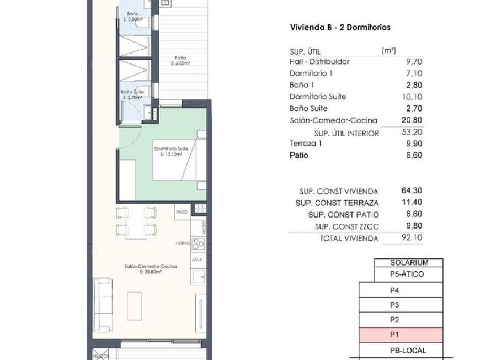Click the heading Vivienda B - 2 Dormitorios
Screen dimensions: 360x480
coord(340,28)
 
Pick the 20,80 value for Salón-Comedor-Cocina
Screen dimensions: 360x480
coord(413,120)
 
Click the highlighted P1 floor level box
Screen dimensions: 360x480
coord(401,335)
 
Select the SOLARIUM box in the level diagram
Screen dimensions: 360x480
coord(409,263)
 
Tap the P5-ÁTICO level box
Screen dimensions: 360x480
coord(408,274)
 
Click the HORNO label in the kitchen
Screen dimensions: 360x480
coord(182,242)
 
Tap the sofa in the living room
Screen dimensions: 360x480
coord(103,303)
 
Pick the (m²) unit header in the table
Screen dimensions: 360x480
coord(389,50)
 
